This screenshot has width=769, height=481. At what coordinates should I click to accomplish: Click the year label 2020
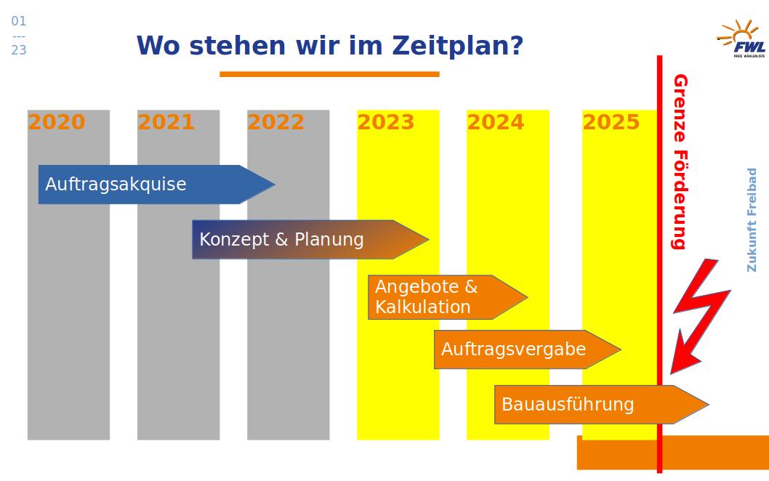coord(57,122)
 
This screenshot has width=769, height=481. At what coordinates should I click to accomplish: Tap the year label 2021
coord(166,122)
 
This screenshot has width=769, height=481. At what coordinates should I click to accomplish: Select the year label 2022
coord(276,122)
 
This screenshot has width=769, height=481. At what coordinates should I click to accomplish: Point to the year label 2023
coord(386,122)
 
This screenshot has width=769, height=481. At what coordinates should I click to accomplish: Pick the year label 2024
coord(496,122)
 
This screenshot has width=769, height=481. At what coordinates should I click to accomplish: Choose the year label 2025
coord(611,122)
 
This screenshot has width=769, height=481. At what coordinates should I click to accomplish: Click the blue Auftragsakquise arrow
coord(156,185)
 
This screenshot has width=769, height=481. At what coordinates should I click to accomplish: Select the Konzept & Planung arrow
coord(310,239)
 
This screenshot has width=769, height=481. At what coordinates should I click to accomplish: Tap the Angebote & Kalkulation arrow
coord(448,297)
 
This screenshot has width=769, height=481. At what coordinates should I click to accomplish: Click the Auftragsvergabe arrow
coord(528,349)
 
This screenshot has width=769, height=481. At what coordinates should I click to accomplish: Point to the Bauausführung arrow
coord(602,405)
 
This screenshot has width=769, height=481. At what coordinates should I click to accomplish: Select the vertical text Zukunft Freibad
coord(752,220)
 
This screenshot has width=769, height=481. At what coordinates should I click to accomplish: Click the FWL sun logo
coord(741,39)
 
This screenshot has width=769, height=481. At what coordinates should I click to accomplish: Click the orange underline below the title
coord(329,74)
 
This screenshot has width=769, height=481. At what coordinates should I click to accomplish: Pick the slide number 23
coord(19,50)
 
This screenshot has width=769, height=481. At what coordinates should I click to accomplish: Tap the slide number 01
coord(19,21)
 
